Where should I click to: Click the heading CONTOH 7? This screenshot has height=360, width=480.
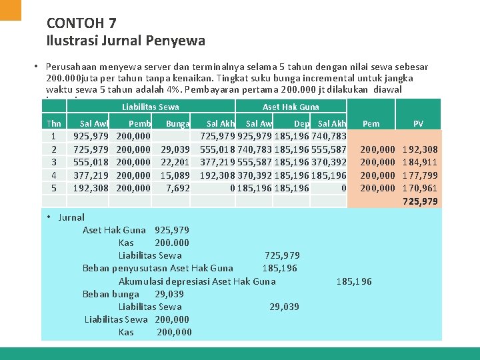(x=81, y=23)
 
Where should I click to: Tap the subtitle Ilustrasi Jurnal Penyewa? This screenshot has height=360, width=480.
(x=126, y=41)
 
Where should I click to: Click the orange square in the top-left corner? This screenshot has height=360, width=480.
(x=11, y=9)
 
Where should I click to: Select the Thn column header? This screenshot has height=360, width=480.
(x=54, y=123)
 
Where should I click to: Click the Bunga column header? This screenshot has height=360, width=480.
(x=178, y=123)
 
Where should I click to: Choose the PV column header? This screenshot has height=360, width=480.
(x=418, y=123)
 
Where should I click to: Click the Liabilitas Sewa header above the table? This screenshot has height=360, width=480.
(x=151, y=107)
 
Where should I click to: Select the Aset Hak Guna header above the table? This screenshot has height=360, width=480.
(x=291, y=107)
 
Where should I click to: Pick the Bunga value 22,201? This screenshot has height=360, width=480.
(x=176, y=162)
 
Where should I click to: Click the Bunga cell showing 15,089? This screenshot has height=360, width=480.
(x=176, y=175)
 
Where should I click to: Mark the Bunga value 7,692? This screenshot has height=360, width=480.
(x=178, y=188)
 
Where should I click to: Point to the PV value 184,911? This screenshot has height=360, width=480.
(x=420, y=162)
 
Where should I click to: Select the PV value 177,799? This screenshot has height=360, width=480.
(x=420, y=175)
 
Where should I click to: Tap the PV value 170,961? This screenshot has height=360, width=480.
(x=420, y=188)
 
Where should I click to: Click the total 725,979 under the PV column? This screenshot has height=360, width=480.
(x=420, y=201)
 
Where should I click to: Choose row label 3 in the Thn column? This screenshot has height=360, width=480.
(x=54, y=162)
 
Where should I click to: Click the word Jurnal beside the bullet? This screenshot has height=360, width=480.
(x=71, y=217)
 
